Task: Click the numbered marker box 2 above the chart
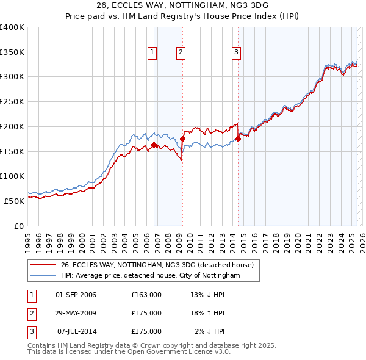pos(181,53)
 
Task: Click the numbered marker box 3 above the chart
pos(235,53)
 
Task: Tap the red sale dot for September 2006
pos(154,145)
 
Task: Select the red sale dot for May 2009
pos(182,139)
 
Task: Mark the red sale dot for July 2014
pos(238,139)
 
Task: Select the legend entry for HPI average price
pos(150,276)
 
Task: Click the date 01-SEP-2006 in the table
pos(76,295)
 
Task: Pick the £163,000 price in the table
pos(146,295)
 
